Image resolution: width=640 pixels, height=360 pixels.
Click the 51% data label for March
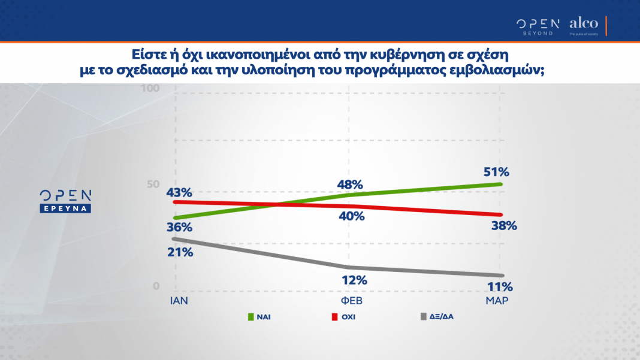497,172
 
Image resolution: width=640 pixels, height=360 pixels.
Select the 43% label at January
179,192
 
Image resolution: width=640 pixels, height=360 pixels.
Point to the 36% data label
179,228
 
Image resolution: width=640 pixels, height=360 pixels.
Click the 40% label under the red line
351,216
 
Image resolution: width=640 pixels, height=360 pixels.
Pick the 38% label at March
503,226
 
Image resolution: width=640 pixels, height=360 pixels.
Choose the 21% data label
180,252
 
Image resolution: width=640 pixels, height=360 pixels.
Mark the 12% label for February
354,280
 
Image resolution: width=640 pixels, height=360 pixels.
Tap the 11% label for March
500,286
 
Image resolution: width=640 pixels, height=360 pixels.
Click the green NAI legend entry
257,316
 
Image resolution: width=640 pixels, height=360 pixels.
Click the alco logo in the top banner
583,25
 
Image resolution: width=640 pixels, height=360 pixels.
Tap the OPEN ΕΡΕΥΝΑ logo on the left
65,201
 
